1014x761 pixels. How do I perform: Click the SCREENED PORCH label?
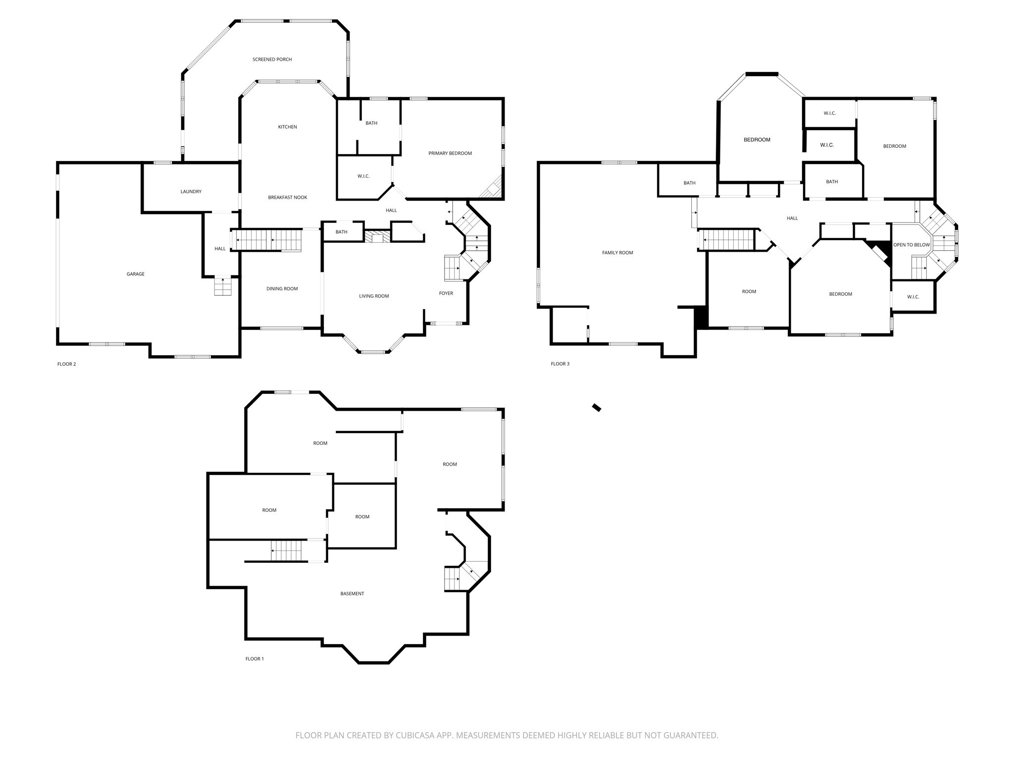[x=272, y=59]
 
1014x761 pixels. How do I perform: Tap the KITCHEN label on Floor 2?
[x=287, y=127]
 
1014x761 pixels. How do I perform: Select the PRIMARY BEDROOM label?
[x=450, y=153]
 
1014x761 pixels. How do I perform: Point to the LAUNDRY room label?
[x=191, y=191]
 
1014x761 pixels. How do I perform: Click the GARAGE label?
[x=135, y=274]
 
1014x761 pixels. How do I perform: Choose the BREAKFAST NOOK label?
[x=287, y=197]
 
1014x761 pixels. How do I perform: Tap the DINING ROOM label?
[x=282, y=289]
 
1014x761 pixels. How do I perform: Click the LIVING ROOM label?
[x=374, y=296]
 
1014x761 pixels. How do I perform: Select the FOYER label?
[x=446, y=293]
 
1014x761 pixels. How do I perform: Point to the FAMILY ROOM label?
[x=617, y=253]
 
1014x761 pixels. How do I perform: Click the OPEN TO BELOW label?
[x=911, y=245]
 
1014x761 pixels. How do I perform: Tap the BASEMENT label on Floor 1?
[x=352, y=594]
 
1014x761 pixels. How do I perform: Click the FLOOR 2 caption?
[x=66, y=364]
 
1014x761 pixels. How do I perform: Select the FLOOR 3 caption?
[x=560, y=364]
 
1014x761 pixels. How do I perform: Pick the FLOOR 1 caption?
[x=254, y=659]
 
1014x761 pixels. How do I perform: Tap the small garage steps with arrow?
[x=223, y=287]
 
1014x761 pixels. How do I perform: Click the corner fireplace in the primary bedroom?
[x=494, y=188]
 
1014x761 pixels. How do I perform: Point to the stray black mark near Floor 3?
[x=597, y=408]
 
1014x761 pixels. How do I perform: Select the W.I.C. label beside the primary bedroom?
[x=363, y=176]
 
